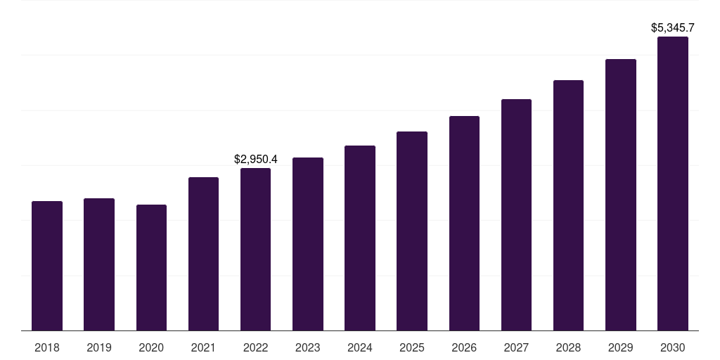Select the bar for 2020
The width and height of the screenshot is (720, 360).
(x=151, y=268)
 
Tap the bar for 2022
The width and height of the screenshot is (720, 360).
(x=255, y=250)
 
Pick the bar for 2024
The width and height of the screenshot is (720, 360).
(x=360, y=238)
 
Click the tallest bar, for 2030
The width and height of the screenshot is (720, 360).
(x=673, y=184)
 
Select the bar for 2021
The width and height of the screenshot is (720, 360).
(x=203, y=254)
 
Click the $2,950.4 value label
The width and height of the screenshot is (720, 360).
(x=255, y=160)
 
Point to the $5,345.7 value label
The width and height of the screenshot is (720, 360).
(x=673, y=28)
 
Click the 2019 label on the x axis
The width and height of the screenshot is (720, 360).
(x=99, y=347)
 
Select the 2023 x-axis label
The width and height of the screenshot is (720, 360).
(x=308, y=347)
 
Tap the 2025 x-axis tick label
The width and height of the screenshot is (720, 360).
(x=412, y=347)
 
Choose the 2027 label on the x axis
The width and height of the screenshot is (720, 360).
(x=516, y=347)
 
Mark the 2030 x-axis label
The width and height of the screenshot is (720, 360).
(x=673, y=347)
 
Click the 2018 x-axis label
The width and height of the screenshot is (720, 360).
(x=47, y=347)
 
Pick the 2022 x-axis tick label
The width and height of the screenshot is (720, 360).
(x=255, y=347)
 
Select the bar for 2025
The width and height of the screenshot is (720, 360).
(x=412, y=231)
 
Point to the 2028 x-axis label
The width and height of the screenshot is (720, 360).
(x=568, y=347)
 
